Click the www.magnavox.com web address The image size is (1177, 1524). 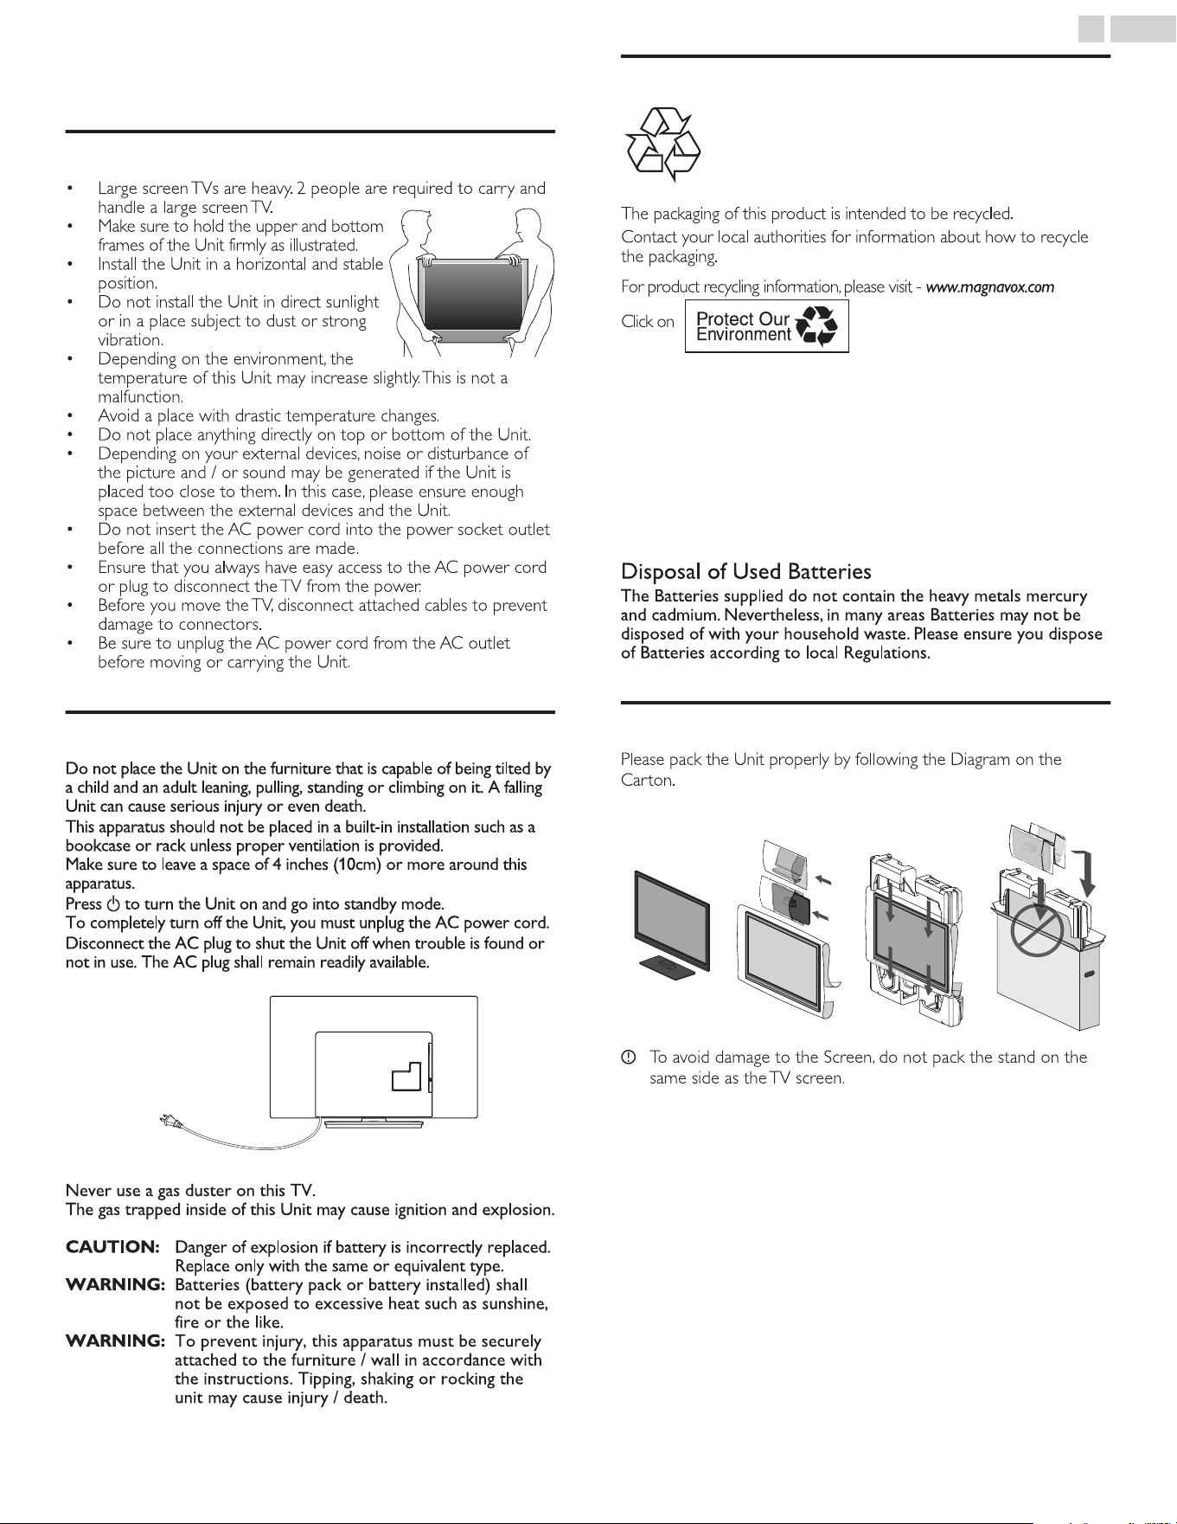990,287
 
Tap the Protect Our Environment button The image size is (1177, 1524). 766,326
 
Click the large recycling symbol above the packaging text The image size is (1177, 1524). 662,143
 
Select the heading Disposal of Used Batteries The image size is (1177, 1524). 746,571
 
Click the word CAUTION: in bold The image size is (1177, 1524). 113,1247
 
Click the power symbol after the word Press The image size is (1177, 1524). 112,903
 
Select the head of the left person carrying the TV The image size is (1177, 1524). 426,223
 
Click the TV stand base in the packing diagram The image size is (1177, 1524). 666,968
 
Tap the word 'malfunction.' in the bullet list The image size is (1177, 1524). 141,397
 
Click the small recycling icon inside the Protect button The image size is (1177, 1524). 816,326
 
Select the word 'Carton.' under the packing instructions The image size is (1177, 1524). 647,780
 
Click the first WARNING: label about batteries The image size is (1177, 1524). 115,1285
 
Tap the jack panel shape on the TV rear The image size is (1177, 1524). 406,1076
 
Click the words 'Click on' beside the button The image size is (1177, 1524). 648,322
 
